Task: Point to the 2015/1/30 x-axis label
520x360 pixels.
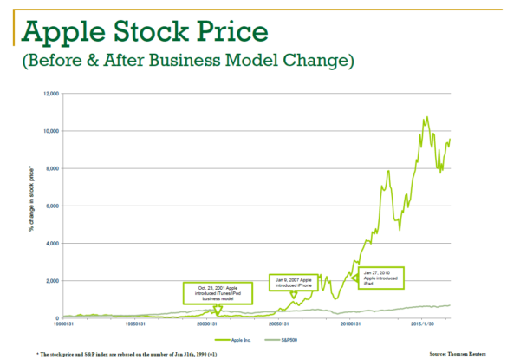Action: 424,325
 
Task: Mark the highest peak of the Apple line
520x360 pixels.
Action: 426,117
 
